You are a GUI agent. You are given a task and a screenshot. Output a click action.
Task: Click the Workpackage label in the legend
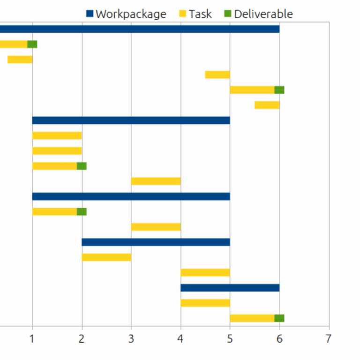click(131, 14)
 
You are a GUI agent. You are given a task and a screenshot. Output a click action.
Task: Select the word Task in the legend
click(200, 14)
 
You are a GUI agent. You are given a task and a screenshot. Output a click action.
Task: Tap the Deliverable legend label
click(263, 14)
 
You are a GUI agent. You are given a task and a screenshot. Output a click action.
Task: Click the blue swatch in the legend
click(90, 14)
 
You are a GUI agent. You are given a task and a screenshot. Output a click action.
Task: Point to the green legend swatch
click(228, 14)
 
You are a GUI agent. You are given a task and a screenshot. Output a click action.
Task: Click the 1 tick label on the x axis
click(32, 338)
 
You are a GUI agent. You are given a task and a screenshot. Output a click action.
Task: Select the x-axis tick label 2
click(82, 338)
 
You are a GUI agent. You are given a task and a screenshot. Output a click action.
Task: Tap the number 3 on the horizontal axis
click(131, 338)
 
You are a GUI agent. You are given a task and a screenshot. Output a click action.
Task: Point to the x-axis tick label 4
click(180, 338)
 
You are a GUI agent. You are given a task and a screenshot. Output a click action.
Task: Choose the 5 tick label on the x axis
click(230, 338)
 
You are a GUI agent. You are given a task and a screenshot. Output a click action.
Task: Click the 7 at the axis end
click(329, 338)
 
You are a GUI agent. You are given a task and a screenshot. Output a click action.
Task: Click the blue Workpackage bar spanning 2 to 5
click(156, 242)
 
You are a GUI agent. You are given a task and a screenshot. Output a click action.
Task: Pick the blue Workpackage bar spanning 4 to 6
click(230, 288)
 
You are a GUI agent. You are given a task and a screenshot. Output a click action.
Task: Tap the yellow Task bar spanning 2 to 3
click(106, 257)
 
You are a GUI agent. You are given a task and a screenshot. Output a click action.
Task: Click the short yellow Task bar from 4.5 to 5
click(217, 75)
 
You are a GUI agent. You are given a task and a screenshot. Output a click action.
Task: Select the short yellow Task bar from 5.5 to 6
click(267, 105)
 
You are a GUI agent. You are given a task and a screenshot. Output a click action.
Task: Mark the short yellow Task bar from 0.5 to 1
click(20, 60)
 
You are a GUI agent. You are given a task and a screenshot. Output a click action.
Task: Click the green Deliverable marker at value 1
click(32, 44)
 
